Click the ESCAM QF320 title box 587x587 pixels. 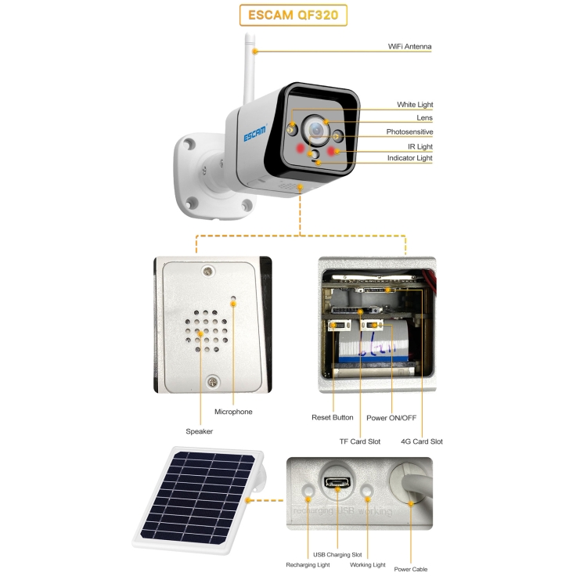click(293, 15)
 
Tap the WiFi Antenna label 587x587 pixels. click(409, 46)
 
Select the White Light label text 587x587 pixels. click(415, 104)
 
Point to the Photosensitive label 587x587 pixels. click(409, 131)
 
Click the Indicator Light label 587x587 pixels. click(409, 158)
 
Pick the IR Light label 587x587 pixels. click(420, 146)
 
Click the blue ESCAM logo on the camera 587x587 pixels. click(255, 134)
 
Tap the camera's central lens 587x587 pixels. click(316, 130)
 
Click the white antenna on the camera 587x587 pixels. click(249, 69)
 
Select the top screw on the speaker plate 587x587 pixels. click(208, 271)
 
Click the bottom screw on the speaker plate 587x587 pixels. click(213, 382)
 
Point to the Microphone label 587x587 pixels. click(233, 412)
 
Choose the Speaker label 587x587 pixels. click(199, 431)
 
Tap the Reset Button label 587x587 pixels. click(333, 417)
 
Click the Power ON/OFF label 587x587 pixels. click(391, 418)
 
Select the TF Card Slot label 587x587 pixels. click(360, 441)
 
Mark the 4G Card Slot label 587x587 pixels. click(422, 441)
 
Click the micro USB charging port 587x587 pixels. click(337, 482)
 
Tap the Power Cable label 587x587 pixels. click(411, 569)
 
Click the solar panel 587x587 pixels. click(199, 499)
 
